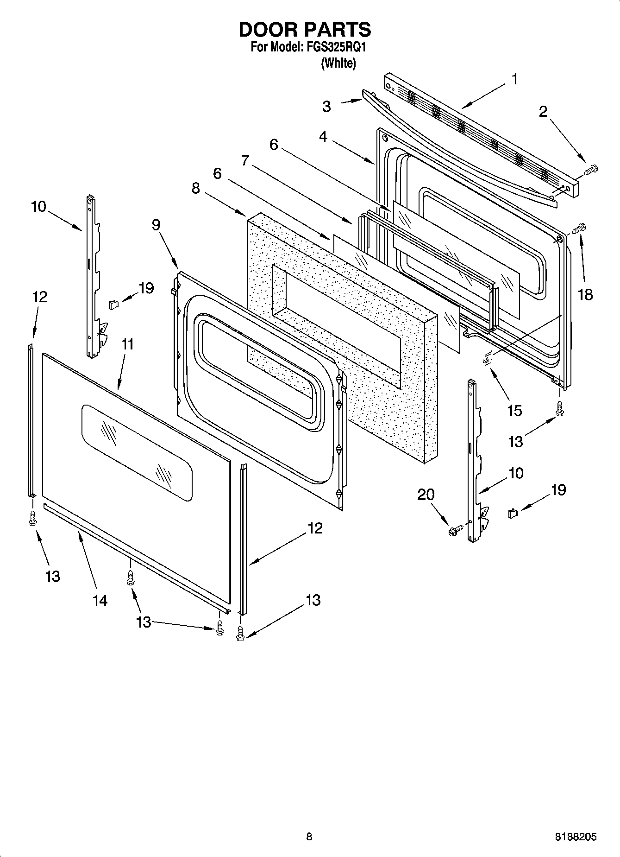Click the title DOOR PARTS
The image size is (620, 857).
point(304,30)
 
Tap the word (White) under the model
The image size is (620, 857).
point(338,63)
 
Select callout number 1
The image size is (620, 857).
point(514,79)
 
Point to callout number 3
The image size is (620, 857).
point(326,107)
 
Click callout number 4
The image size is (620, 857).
point(323,137)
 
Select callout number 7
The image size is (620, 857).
point(245,161)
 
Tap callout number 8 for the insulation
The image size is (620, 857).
point(196,189)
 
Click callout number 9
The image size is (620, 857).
point(156,225)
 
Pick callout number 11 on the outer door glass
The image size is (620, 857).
point(127,344)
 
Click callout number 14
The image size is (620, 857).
point(100,600)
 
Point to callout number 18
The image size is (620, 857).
point(585,294)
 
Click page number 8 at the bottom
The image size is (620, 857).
point(309,836)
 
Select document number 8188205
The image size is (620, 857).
point(576,837)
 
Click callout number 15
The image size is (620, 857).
point(514,410)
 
